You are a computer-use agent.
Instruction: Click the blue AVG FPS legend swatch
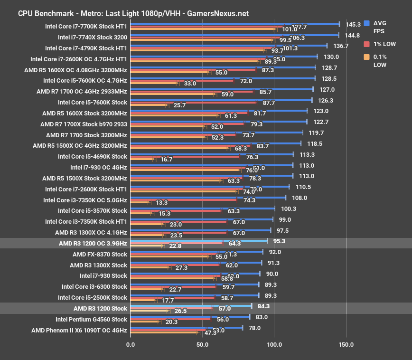coord(366,23)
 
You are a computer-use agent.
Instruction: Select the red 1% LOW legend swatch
coord(366,44)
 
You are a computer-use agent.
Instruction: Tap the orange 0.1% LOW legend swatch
coord(366,57)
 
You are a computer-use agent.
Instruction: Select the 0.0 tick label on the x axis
coord(130,344)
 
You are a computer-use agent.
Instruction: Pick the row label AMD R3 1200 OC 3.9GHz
coord(91,243)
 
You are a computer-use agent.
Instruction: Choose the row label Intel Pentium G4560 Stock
coord(91,319)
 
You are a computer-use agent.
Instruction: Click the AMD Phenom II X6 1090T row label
coord(79,330)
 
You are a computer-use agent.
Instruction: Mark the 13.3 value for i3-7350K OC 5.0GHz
coord(162,202)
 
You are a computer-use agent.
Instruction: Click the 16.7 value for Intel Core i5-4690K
coord(167,159)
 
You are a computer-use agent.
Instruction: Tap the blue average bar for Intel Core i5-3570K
coord(202,208)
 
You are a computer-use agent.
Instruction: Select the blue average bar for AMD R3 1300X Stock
coord(195,262)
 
